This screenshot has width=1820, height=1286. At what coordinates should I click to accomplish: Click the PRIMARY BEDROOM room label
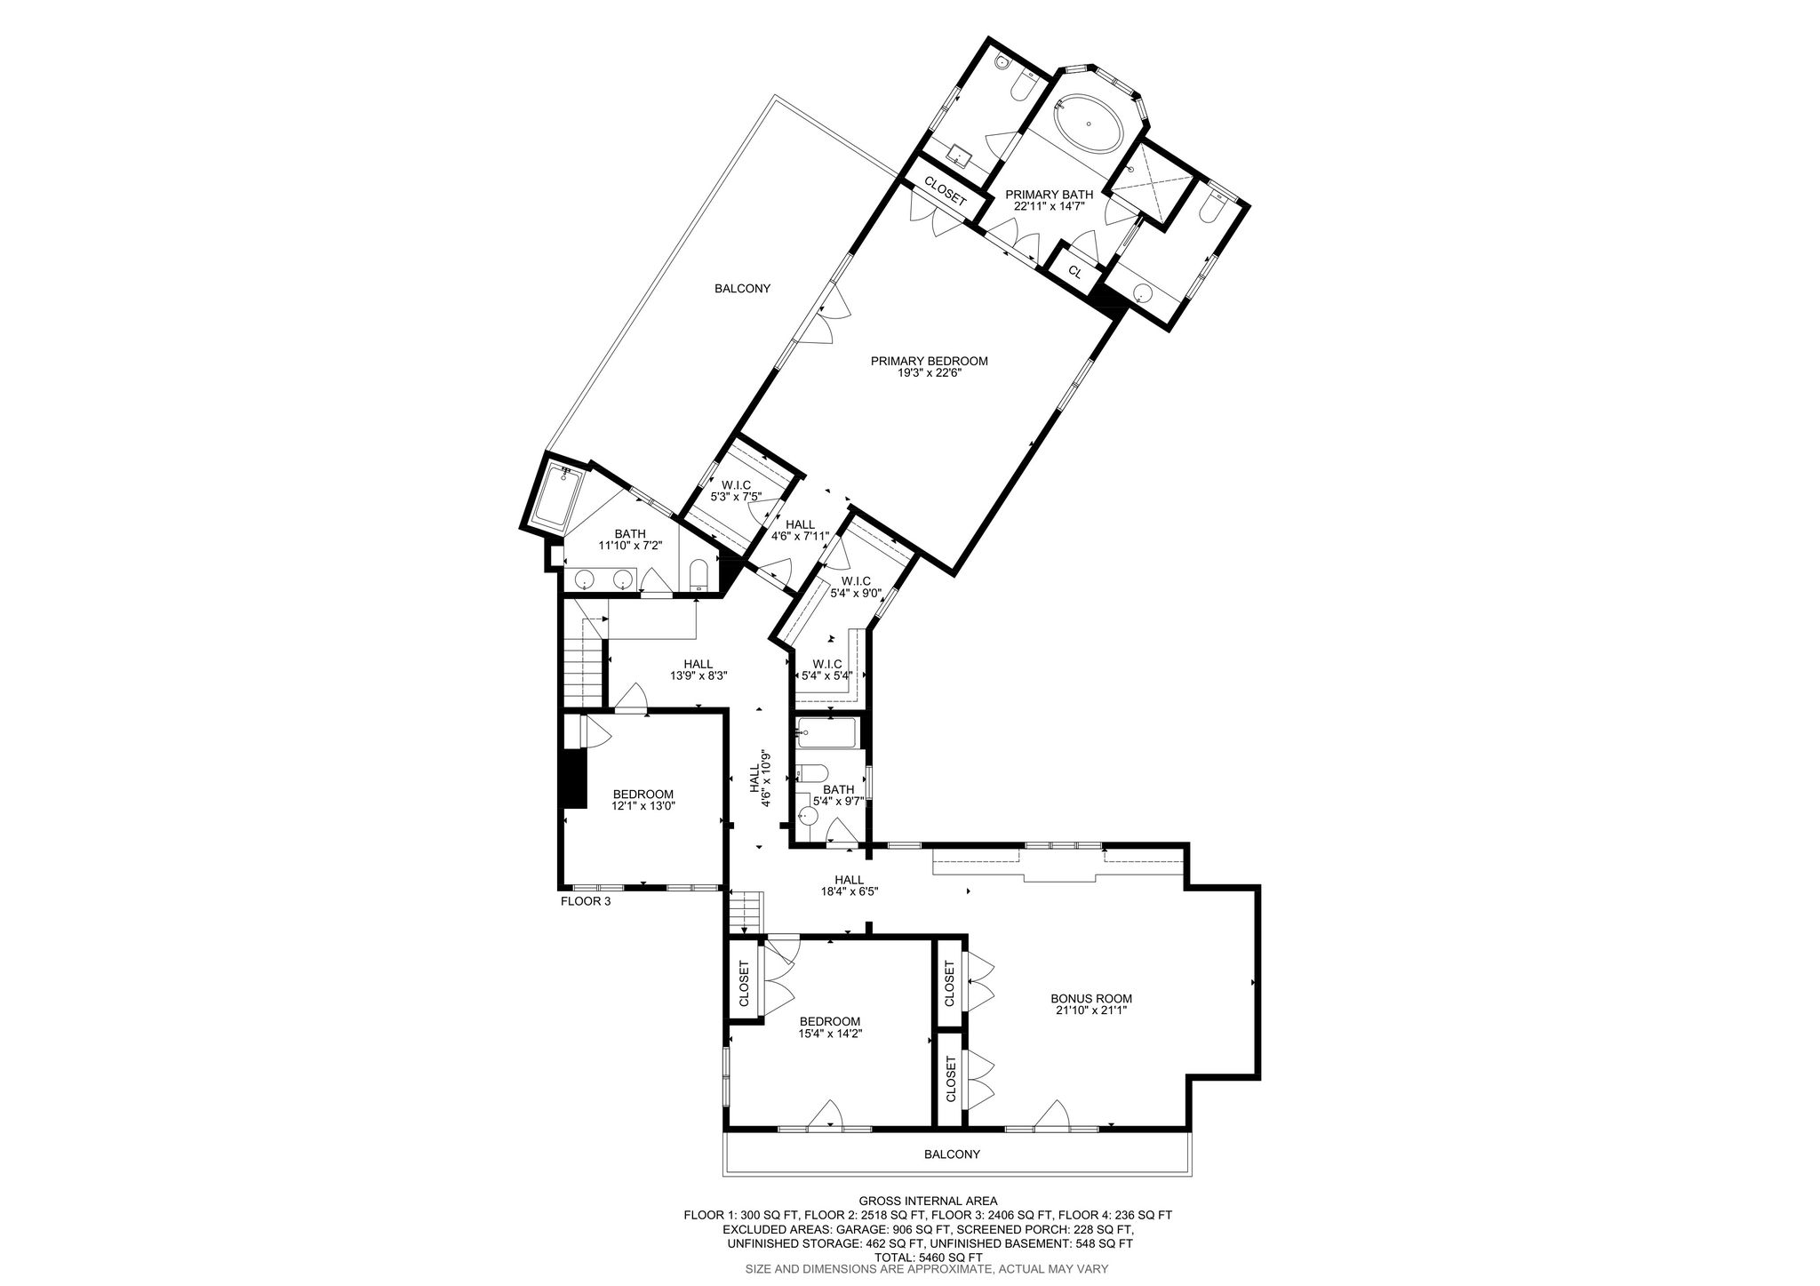pos(929,361)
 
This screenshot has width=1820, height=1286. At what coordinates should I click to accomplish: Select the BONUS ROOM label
pos(1091,998)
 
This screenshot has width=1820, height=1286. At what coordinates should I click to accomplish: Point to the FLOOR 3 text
pos(586,900)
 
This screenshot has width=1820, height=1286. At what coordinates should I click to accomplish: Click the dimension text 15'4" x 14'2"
pos(830,1034)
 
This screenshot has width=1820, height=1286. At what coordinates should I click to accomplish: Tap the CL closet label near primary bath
pos(1074,272)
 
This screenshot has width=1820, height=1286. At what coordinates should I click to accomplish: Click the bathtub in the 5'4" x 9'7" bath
pos(826,733)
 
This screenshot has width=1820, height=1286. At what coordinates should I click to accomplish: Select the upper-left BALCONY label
pos(742,288)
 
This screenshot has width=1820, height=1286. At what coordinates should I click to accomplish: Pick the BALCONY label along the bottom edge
pos(952,1154)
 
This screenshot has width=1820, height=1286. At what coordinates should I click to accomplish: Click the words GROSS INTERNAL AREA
pos(927,1200)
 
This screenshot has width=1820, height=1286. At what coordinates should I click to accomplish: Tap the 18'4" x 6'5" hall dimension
pos(850,891)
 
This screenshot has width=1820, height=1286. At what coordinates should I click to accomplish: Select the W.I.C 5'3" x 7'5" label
pos(737,491)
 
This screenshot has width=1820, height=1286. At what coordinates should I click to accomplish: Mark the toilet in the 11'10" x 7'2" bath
pos(698,575)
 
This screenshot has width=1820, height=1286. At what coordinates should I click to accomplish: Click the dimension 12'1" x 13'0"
pos(643,806)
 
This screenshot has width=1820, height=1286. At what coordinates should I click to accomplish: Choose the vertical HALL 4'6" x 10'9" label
pos(760,779)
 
